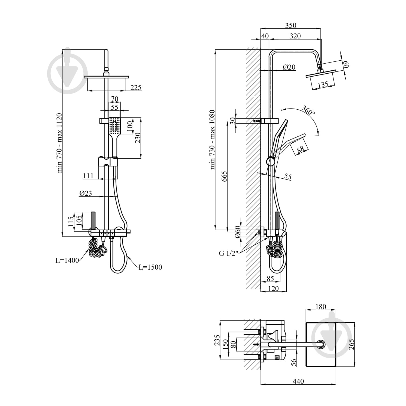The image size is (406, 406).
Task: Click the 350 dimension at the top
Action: pos(291,25)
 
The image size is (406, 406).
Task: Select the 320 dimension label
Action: pos(295,36)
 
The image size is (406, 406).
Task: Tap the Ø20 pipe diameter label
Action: pos(289,67)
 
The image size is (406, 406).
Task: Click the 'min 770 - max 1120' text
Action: pos(60,143)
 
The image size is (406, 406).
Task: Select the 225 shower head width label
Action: pos(136,87)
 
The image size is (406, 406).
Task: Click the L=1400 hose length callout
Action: pos(67,260)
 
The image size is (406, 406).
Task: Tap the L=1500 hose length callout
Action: pos(150,267)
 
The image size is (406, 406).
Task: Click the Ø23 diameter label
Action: pos(86,193)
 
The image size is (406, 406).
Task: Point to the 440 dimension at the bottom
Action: pos(298,381)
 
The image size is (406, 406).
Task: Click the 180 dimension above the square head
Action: pos(321,307)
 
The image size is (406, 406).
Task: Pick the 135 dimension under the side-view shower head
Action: pos(323,84)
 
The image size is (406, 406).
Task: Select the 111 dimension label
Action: pos(88,176)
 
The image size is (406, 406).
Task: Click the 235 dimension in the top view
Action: pos(217,340)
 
